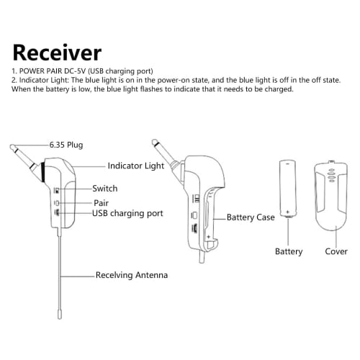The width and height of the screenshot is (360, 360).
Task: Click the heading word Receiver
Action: tap(58, 53)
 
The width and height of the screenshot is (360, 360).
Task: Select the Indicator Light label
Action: tap(136, 165)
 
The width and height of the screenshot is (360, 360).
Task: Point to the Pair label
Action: tap(100, 204)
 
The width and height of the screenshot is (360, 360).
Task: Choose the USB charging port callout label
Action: tap(127, 214)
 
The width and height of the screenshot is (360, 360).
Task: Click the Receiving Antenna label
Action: tap(132, 275)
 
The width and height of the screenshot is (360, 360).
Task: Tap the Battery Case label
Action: tap(251, 217)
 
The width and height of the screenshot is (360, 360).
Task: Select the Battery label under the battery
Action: tap(289, 252)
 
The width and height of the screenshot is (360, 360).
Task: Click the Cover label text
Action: tap(336, 252)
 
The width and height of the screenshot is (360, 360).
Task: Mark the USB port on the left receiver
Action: tap(58, 213)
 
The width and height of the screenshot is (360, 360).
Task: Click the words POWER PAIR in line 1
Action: tap(43, 71)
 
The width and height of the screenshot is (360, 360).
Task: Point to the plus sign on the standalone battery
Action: tap(288, 212)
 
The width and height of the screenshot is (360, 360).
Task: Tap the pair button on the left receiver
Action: tap(58, 203)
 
